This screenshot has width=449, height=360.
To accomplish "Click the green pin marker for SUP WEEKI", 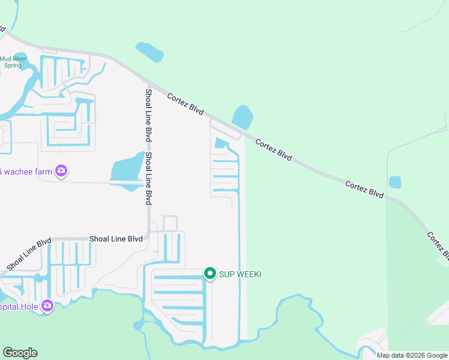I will pyautogui.click(x=209, y=274).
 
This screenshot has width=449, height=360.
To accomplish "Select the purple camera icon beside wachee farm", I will pyautogui.click(x=61, y=172).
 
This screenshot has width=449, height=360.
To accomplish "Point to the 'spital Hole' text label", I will pyautogui.click(x=19, y=307).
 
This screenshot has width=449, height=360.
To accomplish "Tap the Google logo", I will pyautogui.click(x=20, y=353).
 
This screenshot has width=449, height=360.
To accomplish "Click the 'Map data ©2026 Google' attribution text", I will pyautogui.click(x=412, y=355).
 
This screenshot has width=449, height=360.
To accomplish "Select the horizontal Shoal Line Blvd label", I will pyautogui.click(x=116, y=238).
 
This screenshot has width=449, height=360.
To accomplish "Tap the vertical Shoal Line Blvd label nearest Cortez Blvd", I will pyautogui.click(x=148, y=115).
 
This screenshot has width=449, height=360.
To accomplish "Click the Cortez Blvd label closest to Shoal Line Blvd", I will pyautogui.click(x=185, y=104).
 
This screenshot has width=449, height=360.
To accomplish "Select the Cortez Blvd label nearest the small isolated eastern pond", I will pyautogui.click(x=364, y=188).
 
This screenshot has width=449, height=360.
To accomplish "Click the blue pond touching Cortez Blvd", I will pyautogui.click(x=243, y=117).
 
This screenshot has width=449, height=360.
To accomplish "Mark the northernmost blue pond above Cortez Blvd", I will pyautogui.click(x=149, y=52).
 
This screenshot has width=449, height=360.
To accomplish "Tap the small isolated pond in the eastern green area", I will pyautogui.click(x=395, y=182).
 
